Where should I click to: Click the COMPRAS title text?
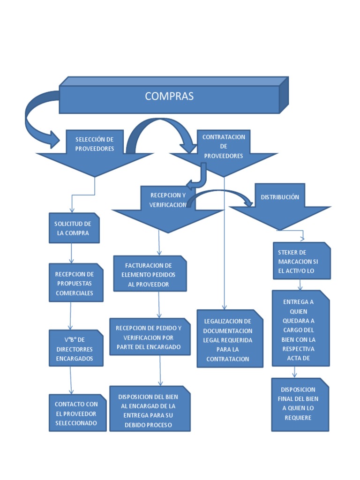coord(169,96)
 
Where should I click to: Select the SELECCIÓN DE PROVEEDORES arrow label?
coord(95,143)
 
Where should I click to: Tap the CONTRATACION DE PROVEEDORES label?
coord(224,146)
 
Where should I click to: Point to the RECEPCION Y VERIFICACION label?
coord(168,200)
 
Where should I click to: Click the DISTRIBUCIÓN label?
coord(280,197)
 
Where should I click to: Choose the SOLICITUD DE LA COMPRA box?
coord(74,228)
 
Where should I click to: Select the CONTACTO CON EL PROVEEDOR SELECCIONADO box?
coord(77,413)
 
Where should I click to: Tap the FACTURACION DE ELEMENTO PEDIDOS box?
coord(150,274)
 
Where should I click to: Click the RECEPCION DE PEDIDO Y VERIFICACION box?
coord(149,337)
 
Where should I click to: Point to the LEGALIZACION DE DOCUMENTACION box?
coord(228,340)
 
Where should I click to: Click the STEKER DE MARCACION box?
coord(300,261)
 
